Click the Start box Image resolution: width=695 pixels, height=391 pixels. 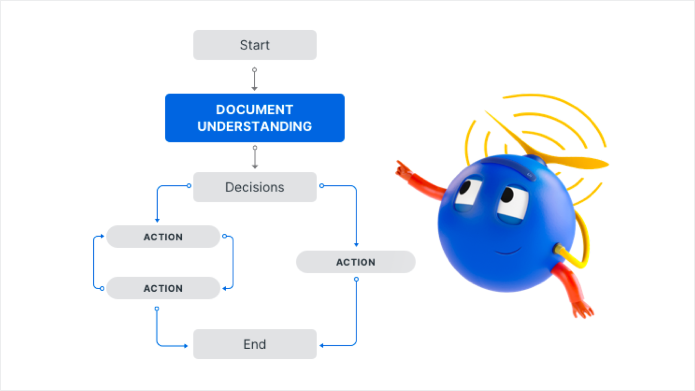pos(255,45)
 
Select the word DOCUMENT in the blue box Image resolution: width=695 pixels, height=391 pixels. pos(254,109)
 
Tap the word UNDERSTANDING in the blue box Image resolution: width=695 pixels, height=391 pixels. pos(254,126)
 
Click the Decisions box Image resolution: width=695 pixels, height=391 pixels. pos(255,187)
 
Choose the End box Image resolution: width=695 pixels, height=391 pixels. pos(255,344)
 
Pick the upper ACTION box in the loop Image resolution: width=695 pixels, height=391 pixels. pos(163,237)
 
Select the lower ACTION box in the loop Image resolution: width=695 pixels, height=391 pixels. pos(163,288)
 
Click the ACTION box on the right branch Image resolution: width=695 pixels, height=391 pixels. pos(356,262)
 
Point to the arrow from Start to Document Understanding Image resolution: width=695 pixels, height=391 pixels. pos(254,80)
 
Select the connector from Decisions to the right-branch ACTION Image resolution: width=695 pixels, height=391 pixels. pos(356,212)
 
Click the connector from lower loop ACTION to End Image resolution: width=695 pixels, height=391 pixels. pos(158,333)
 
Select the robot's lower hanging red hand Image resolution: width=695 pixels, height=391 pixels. pos(583,309)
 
